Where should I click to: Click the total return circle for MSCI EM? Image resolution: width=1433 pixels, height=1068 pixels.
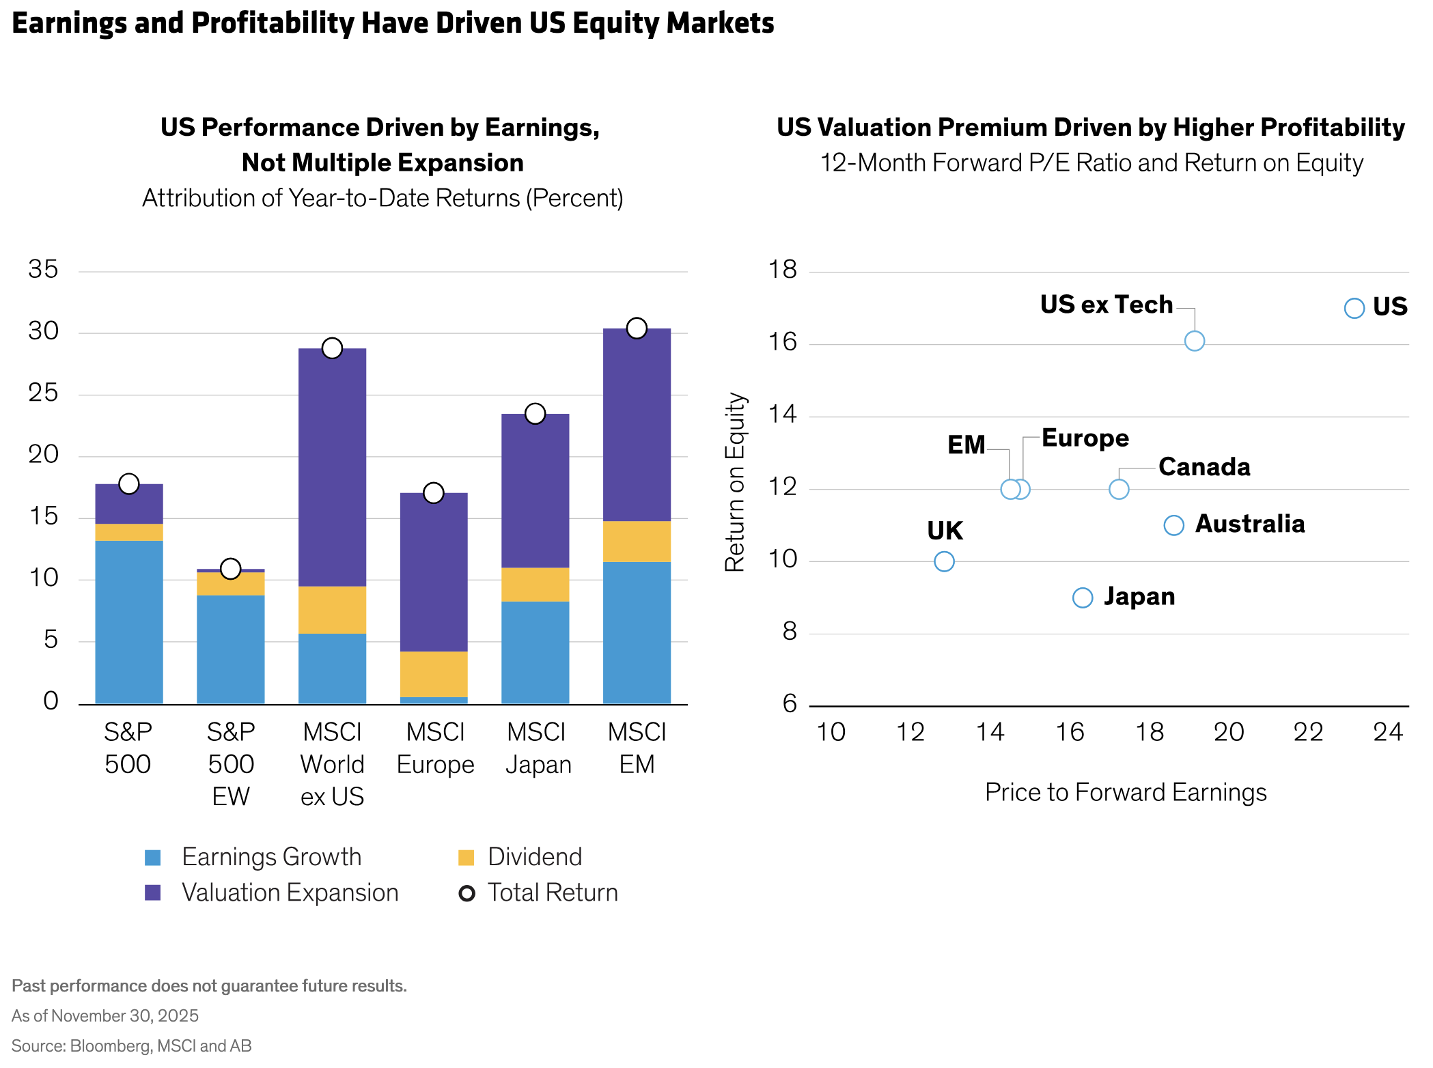[x=637, y=328]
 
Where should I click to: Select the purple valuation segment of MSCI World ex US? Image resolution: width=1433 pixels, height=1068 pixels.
[x=332, y=468]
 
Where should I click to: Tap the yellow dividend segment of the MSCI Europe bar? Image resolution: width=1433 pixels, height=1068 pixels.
[x=434, y=674]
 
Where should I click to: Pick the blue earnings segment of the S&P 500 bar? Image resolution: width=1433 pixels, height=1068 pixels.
[x=129, y=621]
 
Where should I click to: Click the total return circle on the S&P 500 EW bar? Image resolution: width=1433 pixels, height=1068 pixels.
[x=231, y=568]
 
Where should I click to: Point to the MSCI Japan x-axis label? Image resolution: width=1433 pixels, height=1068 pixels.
[x=537, y=748]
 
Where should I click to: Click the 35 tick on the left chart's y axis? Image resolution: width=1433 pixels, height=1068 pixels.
[x=43, y=270]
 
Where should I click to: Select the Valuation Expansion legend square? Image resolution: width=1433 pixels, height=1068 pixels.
[x=153, y=893]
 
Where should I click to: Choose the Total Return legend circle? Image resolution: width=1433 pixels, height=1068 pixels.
[x=467, y=893]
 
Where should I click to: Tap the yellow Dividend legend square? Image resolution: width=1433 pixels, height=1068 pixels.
[x=466, y=858]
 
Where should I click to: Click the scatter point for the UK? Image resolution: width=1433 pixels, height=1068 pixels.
[x=944, y=561]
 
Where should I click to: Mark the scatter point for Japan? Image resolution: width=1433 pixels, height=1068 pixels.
[x=1083, y=598]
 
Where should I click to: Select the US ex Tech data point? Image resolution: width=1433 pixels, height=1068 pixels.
[x=1194, y=341]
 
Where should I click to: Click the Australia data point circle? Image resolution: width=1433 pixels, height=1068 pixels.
[x=1173, y=525]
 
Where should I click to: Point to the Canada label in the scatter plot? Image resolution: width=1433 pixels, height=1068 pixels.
[x=1204, y=467]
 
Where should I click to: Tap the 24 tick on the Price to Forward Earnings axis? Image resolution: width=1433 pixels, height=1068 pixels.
[x=1388, y=732]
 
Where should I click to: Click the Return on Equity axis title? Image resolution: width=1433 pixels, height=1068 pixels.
[x=735, y=482]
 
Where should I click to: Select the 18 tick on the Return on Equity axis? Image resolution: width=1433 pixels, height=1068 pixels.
[x=783, y=270]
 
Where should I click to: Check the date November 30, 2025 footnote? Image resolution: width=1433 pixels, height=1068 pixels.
[x=124, y=1016]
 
